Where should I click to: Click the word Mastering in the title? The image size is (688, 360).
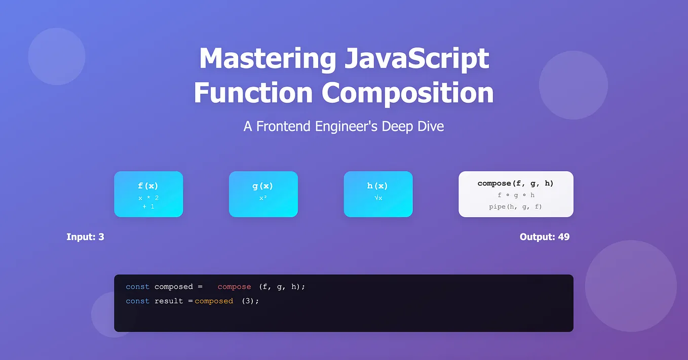point(267,59)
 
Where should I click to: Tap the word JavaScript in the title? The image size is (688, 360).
point(416,59)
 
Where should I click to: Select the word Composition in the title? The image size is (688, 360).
point(407,93)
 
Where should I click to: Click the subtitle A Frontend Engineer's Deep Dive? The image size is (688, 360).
point(343,126)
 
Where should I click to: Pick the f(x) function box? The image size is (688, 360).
point(148,194)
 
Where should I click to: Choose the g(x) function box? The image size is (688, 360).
point(263,194)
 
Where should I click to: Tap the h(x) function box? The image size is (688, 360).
point(378,194)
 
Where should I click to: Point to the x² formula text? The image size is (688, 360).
point(263,198)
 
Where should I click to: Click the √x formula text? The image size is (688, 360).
point(378,198)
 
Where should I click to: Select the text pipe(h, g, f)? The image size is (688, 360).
point(516,207)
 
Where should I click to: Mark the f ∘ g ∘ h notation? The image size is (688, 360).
point(516,195)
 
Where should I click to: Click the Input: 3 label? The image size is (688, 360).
point(85,237)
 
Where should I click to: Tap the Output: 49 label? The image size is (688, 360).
point(545,237)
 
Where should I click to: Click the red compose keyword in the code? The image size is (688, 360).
point(234,287)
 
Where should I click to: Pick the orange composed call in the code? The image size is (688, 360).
point(214,301)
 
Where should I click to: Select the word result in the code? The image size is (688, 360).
point(169,301)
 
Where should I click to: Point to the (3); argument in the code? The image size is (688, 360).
point(250,301)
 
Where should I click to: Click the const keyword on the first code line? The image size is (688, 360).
point(137,287)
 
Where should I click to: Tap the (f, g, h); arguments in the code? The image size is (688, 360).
point(282,287)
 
